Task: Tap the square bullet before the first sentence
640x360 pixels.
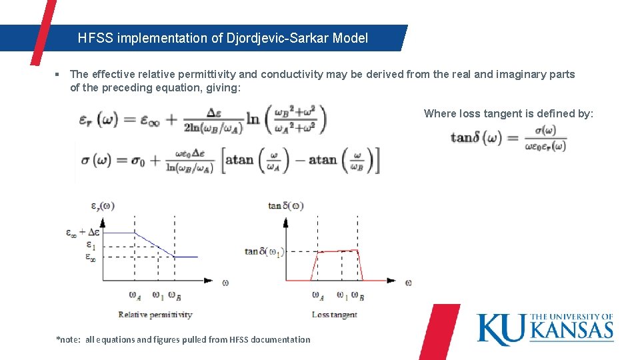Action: coord(59,75)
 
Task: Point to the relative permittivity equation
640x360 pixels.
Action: coord(202,121)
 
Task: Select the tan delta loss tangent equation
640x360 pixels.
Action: coord(509,138)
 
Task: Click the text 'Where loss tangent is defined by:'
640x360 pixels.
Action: coord(508,113)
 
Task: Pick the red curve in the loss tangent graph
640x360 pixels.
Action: coord(338,251)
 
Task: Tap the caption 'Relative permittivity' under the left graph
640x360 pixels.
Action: coord(155,315)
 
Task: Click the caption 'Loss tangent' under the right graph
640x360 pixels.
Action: coord(334,315)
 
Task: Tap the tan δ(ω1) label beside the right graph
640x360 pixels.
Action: coord(265,251)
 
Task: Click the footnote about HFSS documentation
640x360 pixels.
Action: coord(183,340)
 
